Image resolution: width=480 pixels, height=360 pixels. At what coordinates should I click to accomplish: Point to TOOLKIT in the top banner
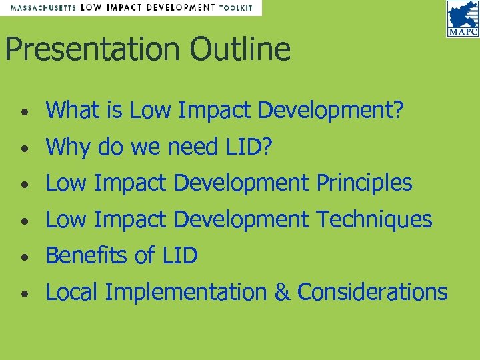[237, 8]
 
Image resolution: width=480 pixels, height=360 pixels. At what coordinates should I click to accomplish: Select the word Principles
[364, 183]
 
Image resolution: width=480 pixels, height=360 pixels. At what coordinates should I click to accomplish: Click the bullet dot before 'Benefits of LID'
[23, 257]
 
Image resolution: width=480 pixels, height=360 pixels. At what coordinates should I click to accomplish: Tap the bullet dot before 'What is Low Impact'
[23, 111]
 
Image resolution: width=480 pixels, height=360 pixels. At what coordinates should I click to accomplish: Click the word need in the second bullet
[184, 146]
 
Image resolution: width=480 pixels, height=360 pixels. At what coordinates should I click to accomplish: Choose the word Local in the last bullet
[72, 292]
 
